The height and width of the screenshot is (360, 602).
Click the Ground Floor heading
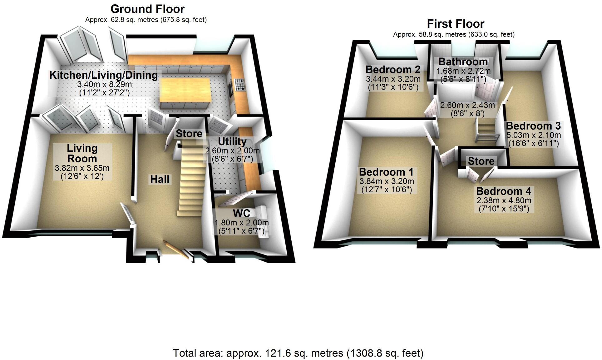pyautogui.click(x=147, y=9)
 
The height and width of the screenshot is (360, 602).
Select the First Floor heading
pyautogui.click(x=455, y=24)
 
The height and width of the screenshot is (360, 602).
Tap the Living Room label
pyautogui.click(x=82, y=153)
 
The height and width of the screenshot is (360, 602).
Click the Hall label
pyautogui.click(x=160, y=179)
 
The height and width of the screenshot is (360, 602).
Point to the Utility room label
pyautogui.click(x=232, y=141)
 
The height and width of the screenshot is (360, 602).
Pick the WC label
pyautogui.click(x=241, y=213)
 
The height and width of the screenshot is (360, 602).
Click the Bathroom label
pyautogui.click(x=463, y=62)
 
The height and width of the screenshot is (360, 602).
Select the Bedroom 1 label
pyautogui.click(x=386, y=172)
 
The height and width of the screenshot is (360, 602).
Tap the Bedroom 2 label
pyautogui.click(x=393, y=69)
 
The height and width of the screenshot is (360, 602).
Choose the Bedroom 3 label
pyautogui.click(x=533, y=126)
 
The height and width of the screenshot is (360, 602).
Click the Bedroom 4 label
pyautogui.click(x=503, y=191)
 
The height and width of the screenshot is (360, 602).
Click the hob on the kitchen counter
pyautogui.click(x=240, y=85)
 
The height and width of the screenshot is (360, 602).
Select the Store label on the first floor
pyautogui.click(x=481, y=161)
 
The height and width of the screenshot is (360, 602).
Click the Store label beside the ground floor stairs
pyautogui.click(x=189, y=134)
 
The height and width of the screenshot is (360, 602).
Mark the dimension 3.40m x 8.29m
pyautogui.click(x=104, y=84)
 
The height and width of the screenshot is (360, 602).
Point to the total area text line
pyautogui.click(x=298, y=353)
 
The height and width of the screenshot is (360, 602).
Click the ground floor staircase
pyautogui.click(x=191, y=181)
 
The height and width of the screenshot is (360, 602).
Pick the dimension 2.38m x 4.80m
pyautogui.click(x=504, y=200)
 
